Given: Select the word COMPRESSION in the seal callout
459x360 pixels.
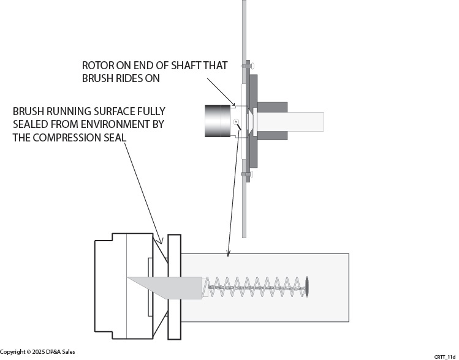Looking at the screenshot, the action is (x=68, y=138).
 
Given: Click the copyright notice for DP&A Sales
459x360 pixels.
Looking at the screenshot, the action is (x=37, y=352).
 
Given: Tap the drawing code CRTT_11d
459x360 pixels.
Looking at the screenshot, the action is (x=444, y=357).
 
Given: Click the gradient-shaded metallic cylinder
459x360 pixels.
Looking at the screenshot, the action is (x=218, y=121).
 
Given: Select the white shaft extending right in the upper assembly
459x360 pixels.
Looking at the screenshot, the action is (x=290, y=122).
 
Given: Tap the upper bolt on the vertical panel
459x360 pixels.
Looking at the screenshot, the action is (x=248, y=66).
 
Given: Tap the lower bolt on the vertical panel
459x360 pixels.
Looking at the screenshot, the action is (x=248, y=174).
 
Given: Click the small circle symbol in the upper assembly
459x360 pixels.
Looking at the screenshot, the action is (x=237, y=122).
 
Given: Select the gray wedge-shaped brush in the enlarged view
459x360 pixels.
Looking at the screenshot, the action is (x=165, y=288).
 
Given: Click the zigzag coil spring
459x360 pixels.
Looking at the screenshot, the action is (x=255, y=287).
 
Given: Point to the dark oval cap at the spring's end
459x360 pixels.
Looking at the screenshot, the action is (x=307, y=287).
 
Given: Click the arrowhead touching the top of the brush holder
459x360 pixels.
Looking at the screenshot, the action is (x=229, y=253).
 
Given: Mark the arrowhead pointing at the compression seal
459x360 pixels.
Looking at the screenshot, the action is (x=160, y=241).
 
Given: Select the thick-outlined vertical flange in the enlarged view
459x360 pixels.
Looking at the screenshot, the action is (x=174, y=287).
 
